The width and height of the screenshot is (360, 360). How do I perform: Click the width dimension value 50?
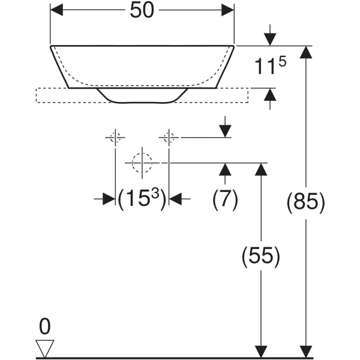[x=142, y=10]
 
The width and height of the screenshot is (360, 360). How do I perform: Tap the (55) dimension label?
[x=260, y=257]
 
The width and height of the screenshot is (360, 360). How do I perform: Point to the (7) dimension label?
[x=225, y=199]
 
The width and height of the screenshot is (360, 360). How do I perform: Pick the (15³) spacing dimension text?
[x=142, y=199]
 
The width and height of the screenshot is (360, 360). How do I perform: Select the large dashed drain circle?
[x=142, y=162]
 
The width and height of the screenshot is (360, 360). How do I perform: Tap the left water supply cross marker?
[x=115, y=137]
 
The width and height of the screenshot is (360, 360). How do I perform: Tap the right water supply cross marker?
[x=169, y=137]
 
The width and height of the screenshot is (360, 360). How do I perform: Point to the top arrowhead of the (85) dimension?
[x=307, y=52]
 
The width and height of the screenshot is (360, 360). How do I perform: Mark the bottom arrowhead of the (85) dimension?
[x=307, y=352]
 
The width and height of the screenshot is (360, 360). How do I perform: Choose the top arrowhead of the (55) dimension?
[x=260, y=169]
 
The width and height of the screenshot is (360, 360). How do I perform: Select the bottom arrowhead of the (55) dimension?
[x=260, y=352]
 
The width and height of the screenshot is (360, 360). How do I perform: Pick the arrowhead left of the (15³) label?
[x=108, y=199]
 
